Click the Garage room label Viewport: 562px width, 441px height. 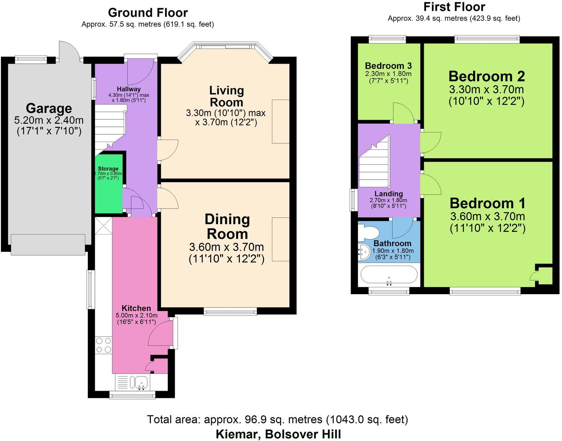point(49,108)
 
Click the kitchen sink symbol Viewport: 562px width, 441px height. point(139,383)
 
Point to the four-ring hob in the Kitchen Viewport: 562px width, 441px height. point(104,345)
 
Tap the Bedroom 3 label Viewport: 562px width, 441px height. point(388,66)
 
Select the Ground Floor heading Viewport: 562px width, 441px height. point(148,13)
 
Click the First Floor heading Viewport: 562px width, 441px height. point(454,7)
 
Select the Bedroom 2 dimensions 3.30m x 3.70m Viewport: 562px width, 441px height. point(486,89)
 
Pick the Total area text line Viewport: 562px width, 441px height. point(277,419)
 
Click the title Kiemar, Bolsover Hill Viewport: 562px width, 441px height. point(278,434)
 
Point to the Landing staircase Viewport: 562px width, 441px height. point(374,164)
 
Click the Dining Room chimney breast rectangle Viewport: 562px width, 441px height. point(280,239)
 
